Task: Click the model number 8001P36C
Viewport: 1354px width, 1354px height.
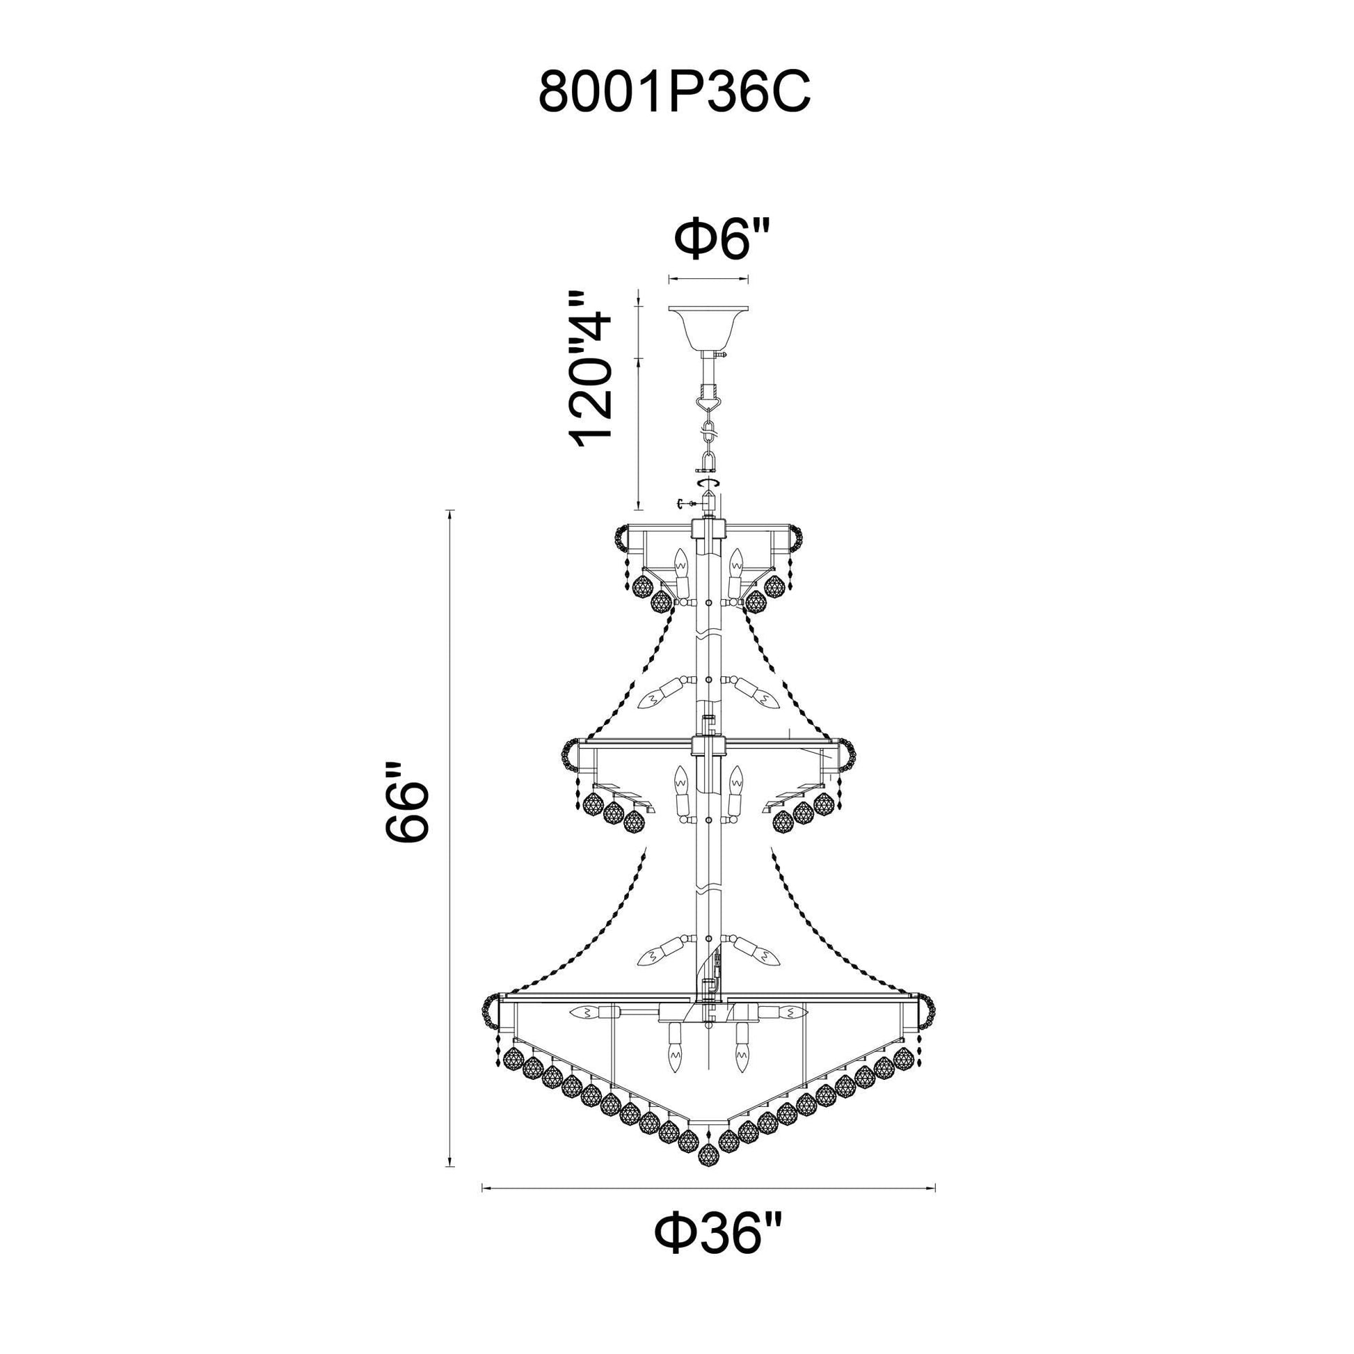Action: [x=674, y=91]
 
